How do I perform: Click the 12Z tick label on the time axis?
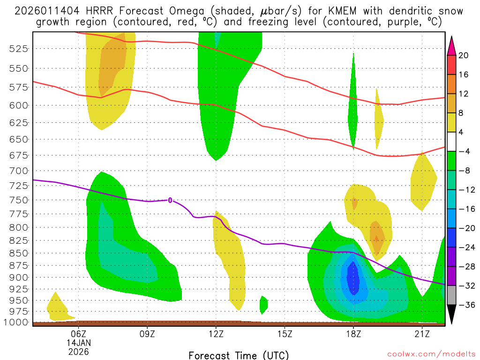(x=216, y=334)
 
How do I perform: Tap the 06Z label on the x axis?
(x=78, y=334)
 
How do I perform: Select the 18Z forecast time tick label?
(x=353, y=334)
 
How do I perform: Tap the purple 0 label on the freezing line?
(x=170, y=200)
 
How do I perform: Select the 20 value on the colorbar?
(x=464, y=55)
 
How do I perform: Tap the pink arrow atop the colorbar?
(x=452, y=45)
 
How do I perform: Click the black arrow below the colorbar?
(x=452, y=315)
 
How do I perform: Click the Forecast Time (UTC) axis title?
(x=239, y=355)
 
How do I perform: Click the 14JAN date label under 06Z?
(x=78, y=343)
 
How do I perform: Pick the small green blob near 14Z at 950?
(x=263, y=305)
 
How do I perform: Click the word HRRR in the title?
(x=99, y=11)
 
